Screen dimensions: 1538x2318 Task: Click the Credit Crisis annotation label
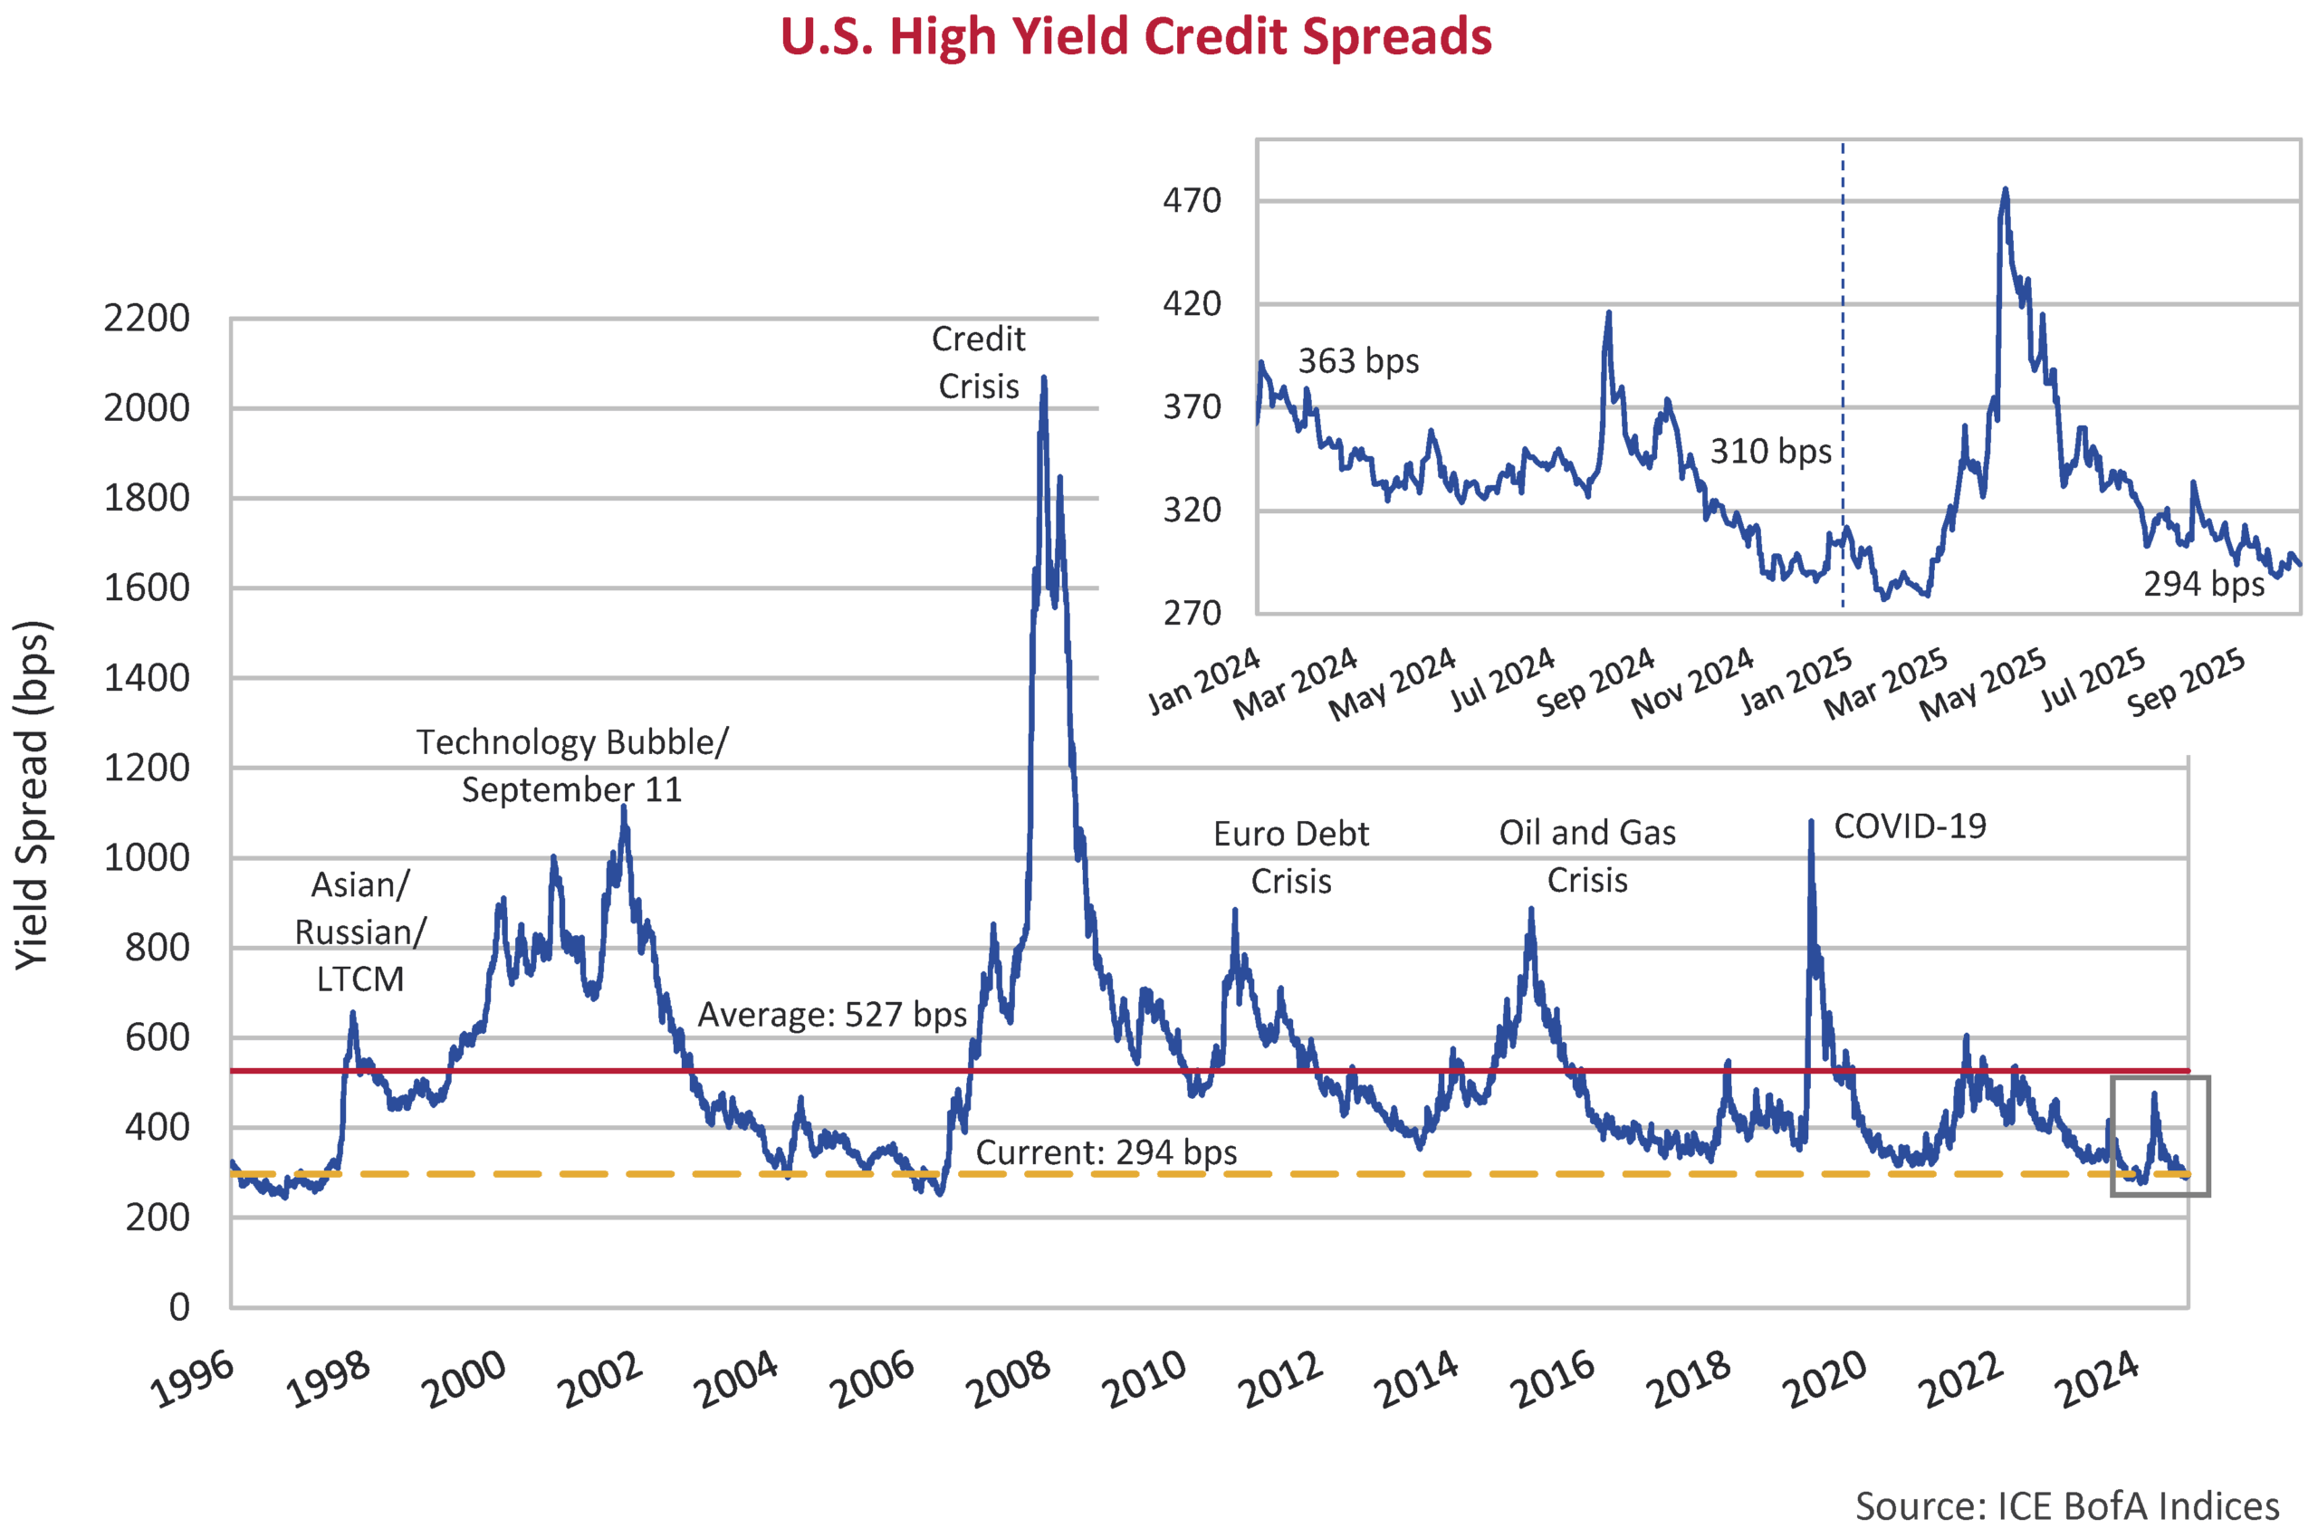pyautogui.click(x=978, y=362)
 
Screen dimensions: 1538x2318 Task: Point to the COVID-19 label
pyautogui.click(x=1909, y=826)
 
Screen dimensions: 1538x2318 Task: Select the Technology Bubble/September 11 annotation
pyautogui.click(x=572, y=766)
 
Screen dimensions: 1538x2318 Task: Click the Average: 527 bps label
pyautogui.click(x=832, y=1014)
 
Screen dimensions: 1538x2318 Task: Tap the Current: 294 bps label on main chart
pyautogui.click(x=1106, y=1151)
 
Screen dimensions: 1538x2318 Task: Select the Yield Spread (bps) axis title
pyautogui.click(x=33, y=795)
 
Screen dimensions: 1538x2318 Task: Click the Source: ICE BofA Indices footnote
pyautogui.click(x=2067, y=1505)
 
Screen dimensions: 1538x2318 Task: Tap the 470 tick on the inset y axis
pyautogui.click(x=1191, y=201)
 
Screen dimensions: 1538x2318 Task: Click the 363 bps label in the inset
pyautogui.click(x=1357, y=361)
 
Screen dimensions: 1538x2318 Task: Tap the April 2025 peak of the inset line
pyautogui.click(x=2005, y=190)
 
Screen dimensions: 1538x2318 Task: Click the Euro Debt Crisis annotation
pyautogui.click(x=1290, y=857)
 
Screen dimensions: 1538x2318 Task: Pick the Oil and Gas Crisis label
pyautogui.click(x=1586, y=855)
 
